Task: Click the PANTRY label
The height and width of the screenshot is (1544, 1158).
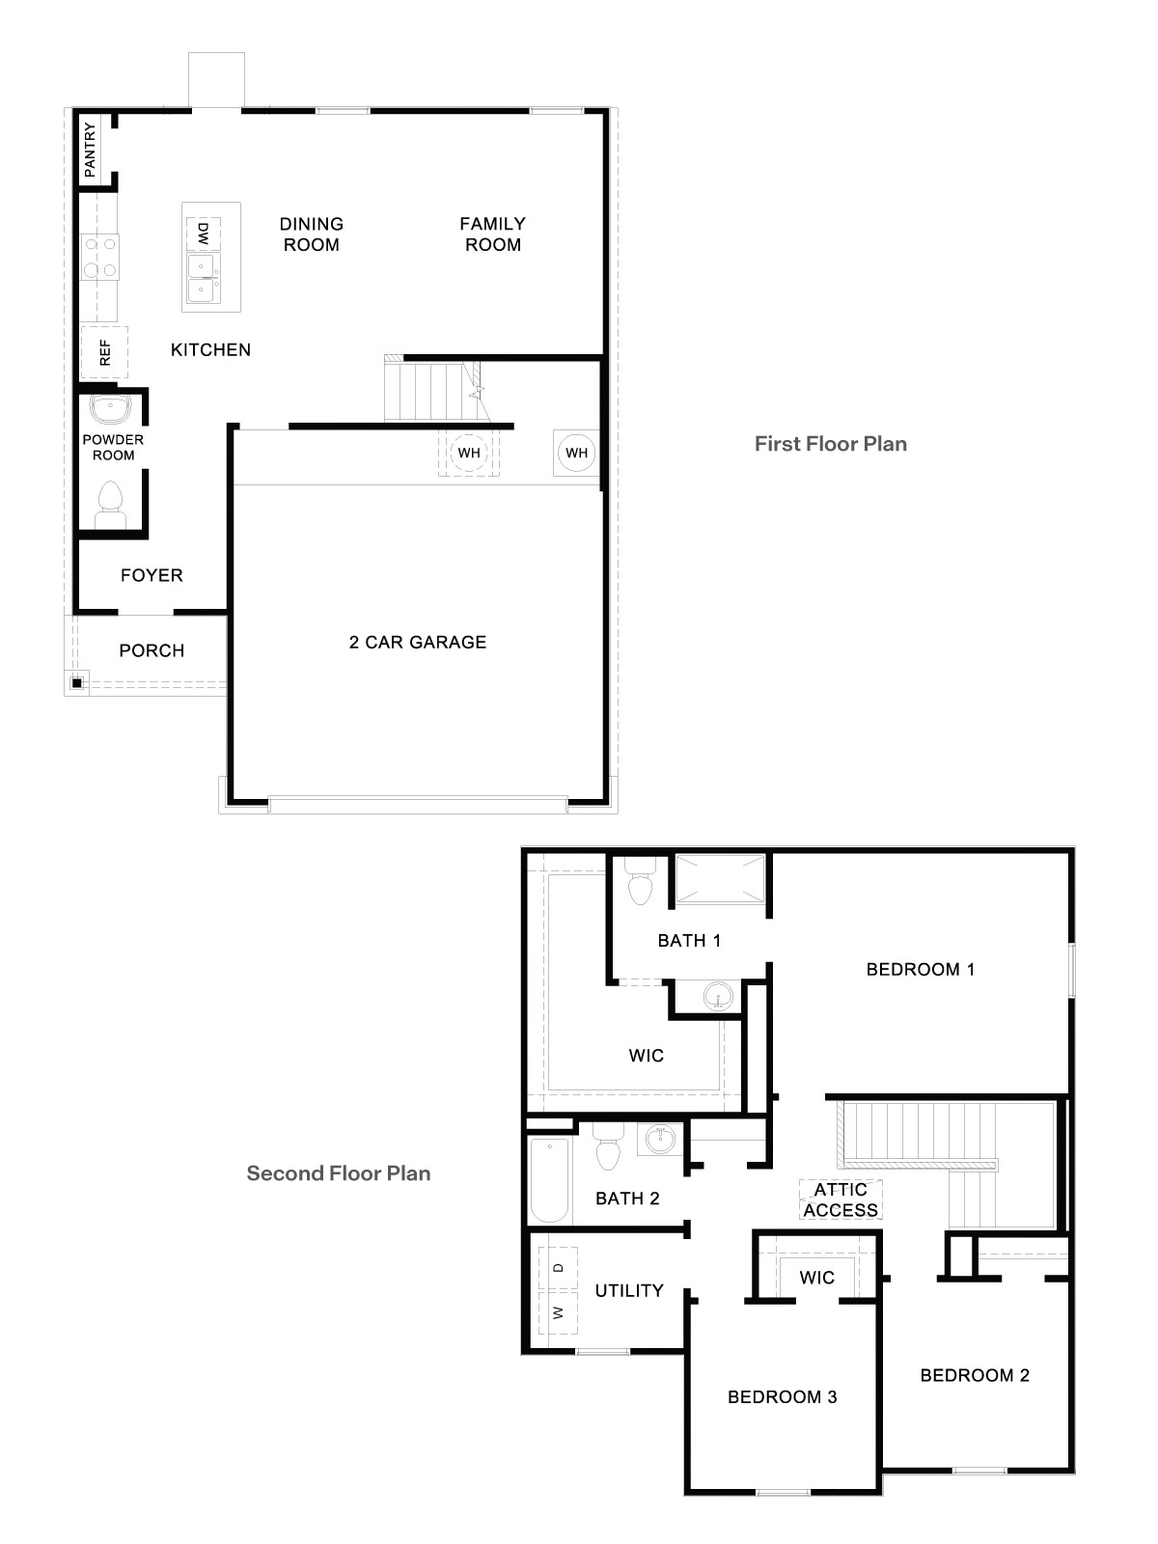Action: (90, 149)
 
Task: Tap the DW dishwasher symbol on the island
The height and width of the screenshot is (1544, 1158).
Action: (203, 233)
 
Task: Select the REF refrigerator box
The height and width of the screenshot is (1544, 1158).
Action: (104, 353)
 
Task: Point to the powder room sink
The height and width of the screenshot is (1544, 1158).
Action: (110, 408)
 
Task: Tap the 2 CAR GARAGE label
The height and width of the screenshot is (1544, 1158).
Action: (417, 642)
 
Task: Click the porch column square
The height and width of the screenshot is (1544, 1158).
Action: (76, 683)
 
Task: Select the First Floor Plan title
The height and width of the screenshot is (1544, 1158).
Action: (830, 444)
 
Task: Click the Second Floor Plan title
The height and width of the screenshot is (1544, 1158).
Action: (338, 1173)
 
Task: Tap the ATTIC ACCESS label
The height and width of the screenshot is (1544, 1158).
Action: (841, 1200)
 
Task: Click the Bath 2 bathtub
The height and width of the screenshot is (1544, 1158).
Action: (550, 1180)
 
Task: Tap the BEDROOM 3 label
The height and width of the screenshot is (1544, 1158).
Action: (782, 1396)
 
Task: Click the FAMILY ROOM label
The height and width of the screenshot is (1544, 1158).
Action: (492, 234)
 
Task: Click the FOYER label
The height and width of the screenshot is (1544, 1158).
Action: (152, 575)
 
